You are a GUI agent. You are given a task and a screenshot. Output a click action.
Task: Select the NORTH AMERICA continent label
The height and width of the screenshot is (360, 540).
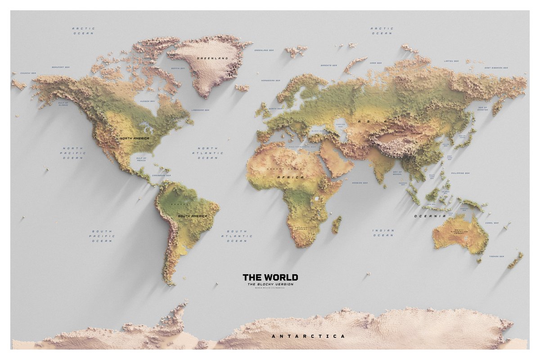[134, 138]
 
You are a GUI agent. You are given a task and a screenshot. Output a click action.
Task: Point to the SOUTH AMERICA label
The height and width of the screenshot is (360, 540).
[193, 216]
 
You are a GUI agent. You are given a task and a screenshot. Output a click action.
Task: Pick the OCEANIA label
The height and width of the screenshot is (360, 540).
[430, 216]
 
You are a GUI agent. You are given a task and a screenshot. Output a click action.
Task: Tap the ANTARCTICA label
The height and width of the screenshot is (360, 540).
[309, 336]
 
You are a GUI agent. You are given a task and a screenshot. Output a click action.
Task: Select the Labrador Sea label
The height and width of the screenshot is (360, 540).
[200, 110]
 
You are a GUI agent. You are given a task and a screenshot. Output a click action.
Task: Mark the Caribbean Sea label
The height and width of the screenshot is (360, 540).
[162, 175]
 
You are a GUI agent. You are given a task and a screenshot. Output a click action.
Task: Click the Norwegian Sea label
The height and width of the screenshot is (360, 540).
[270, 81]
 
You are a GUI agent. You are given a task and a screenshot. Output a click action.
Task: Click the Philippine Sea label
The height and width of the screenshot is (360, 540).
[461, 173]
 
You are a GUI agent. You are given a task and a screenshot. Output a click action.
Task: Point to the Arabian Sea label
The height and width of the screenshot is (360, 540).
[360, 183]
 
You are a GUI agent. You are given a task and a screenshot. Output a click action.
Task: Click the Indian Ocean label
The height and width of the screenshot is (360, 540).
[383, 233]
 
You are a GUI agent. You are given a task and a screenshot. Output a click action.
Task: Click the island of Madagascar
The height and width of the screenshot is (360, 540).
[336, 224]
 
